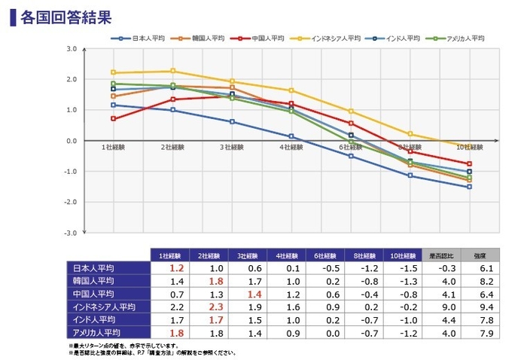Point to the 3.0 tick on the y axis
[x=72, y=49]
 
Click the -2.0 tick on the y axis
[x=72, y=202]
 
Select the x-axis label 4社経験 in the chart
[x=291, y=148]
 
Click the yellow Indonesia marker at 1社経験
[x=113, y=72]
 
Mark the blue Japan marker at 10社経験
[x=469, y=187]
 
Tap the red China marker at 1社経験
[x=113, y=119]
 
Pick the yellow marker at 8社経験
[x=410, y=134]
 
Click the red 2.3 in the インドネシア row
[x=215, y=307]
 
